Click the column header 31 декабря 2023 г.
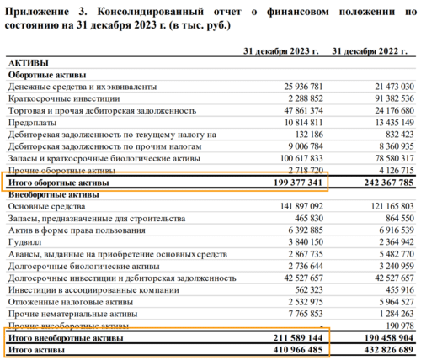[x=281, y=50]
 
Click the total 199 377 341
[x=288, y=182]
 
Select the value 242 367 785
[x=381, y=182]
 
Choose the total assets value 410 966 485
[x=288, y=348]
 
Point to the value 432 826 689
[x=381, y=348]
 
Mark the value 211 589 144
[x=288, y=336]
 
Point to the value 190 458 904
[x=381, y=336]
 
